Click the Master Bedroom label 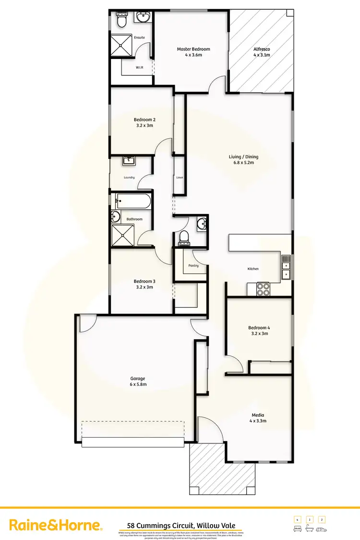(x=193, y=49)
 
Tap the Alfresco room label (x=262, y=49)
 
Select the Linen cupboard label (x=180, y=178)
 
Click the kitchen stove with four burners (x=263, y=289)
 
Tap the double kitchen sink (x=286, y=267)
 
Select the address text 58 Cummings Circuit (x=180, y=526)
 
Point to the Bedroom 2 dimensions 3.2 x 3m (x=144, y=125)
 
